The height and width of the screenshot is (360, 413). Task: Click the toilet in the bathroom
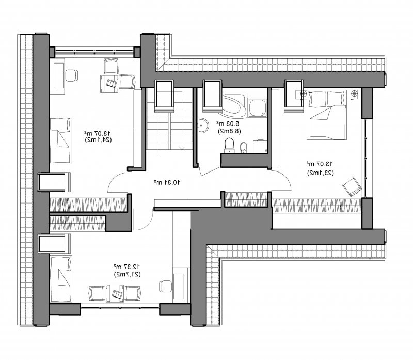click(x=229, y=145)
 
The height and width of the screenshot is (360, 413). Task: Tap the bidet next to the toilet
click(x=244, y=148)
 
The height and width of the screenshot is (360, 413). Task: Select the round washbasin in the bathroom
click(x=203, y=126)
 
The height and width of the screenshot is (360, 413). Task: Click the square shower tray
click(x=258, y=107)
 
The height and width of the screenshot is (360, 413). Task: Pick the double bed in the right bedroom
click(x=326, y=115)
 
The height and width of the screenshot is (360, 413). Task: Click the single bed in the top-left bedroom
click(x=60, y=140)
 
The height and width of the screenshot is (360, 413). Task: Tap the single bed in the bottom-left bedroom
click(x=61, y=278)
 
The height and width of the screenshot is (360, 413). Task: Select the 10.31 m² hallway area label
click(x=167, y=182)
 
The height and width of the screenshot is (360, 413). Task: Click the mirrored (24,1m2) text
click(x=98, y=139)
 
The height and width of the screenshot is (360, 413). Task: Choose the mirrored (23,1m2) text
click(x=321, y=173)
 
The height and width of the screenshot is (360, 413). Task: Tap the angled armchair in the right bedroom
click(x=352, y=186)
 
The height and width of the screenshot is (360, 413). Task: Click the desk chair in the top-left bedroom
click(x=72, y=75)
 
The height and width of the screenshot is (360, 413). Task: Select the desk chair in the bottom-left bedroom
click(x=165, y=287)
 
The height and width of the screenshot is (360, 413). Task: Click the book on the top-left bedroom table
click(x=112, y=84)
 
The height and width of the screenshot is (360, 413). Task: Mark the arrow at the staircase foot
click(x=182, y=148)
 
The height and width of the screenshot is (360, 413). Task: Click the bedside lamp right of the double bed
click(x=354, y=93)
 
